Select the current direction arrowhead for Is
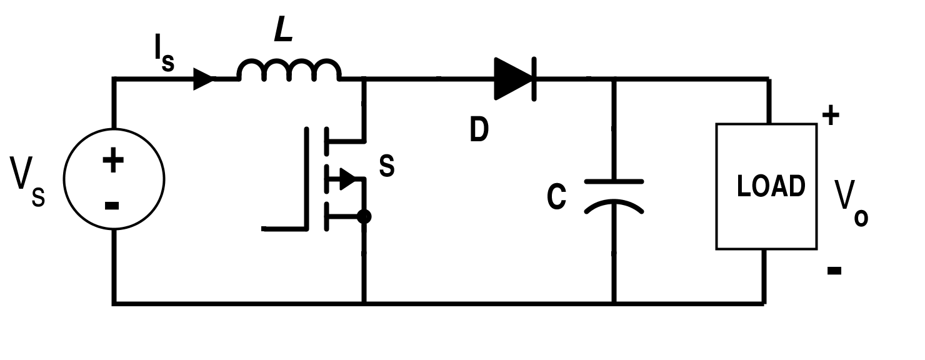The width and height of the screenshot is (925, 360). tap(204, 79)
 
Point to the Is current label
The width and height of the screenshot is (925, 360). tap(164, 53)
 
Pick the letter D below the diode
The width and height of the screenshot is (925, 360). tap(479, 129)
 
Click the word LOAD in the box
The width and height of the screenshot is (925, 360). tap(771, 186)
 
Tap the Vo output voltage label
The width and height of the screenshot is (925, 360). tap(851, 203)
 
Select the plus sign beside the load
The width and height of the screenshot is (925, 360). tap(831, 115)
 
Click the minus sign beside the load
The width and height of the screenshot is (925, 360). tap(834, 271)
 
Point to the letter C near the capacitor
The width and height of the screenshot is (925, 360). tap(556, 196)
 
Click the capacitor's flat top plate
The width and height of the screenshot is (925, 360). tap(614, 182)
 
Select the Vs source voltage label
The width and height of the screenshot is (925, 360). tap(27, 182)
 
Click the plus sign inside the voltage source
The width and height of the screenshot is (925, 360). tap(113, 160)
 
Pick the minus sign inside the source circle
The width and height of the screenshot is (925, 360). tap(112, 206)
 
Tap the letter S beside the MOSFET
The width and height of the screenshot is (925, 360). tap(386, 166)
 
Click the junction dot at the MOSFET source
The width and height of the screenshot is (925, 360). tap(364, 216)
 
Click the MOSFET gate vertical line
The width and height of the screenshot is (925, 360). tap(306, 178)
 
